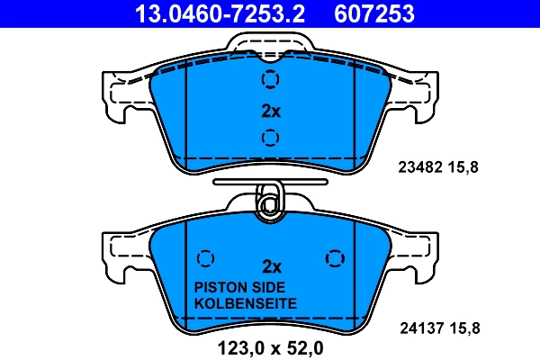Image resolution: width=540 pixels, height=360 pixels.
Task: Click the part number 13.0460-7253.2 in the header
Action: [220, 13]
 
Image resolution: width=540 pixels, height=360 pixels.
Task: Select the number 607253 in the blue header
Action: [374, 13]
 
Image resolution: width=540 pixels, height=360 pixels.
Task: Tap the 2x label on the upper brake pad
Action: [271, 111]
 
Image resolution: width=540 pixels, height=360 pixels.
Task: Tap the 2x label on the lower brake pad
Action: [272, 266]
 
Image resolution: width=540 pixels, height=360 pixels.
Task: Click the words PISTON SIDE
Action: [239, 287]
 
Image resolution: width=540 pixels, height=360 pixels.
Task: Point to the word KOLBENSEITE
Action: [246, 303]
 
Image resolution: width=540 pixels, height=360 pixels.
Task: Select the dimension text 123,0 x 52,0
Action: [271, 348]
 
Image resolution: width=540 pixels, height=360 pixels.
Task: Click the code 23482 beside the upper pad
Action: [420, 167]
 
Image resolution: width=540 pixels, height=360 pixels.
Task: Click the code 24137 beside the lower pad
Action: [421, 328]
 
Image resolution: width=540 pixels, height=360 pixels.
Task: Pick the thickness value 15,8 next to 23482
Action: [463, 167]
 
